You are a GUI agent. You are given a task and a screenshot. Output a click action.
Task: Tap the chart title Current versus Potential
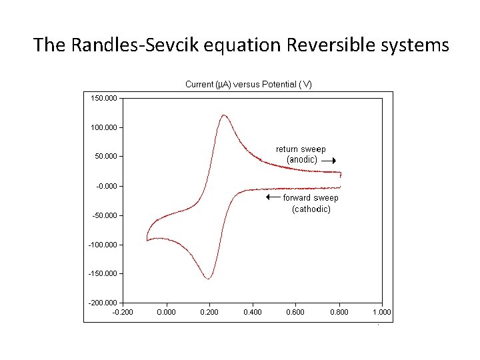click(x=248, y=85)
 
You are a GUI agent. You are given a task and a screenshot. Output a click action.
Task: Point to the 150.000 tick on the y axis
click(x=104, y=98)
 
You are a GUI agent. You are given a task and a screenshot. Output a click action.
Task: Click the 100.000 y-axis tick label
click(x=104, y=127)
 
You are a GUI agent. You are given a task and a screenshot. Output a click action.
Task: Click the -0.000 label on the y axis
click(x=107, y=186)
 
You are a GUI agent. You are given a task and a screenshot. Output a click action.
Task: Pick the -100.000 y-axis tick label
click(x=103, y=245)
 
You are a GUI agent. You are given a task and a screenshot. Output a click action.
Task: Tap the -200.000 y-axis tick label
click(x=103, y=303)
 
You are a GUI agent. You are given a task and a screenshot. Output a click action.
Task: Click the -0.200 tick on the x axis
click(x=122, y=312)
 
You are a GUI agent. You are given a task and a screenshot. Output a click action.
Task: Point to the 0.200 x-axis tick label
click(x=209, y=312)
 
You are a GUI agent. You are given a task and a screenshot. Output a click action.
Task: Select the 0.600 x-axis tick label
click(x=295, y=312)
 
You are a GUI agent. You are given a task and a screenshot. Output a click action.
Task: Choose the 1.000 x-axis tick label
click(x=382, y=312)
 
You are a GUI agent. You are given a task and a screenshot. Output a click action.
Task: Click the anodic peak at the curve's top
click(x=223, y=115)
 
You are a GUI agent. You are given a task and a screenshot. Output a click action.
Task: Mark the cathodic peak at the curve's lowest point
click(x=209, y=279)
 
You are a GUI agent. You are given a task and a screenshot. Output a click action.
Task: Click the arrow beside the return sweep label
click(x=328, y=161)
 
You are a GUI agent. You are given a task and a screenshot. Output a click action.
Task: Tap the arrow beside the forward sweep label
click(x=273, y=197)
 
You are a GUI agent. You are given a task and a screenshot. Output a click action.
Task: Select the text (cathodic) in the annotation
click(x=311, y=209)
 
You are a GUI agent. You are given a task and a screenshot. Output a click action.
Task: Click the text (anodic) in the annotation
click(x=302, y=160)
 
